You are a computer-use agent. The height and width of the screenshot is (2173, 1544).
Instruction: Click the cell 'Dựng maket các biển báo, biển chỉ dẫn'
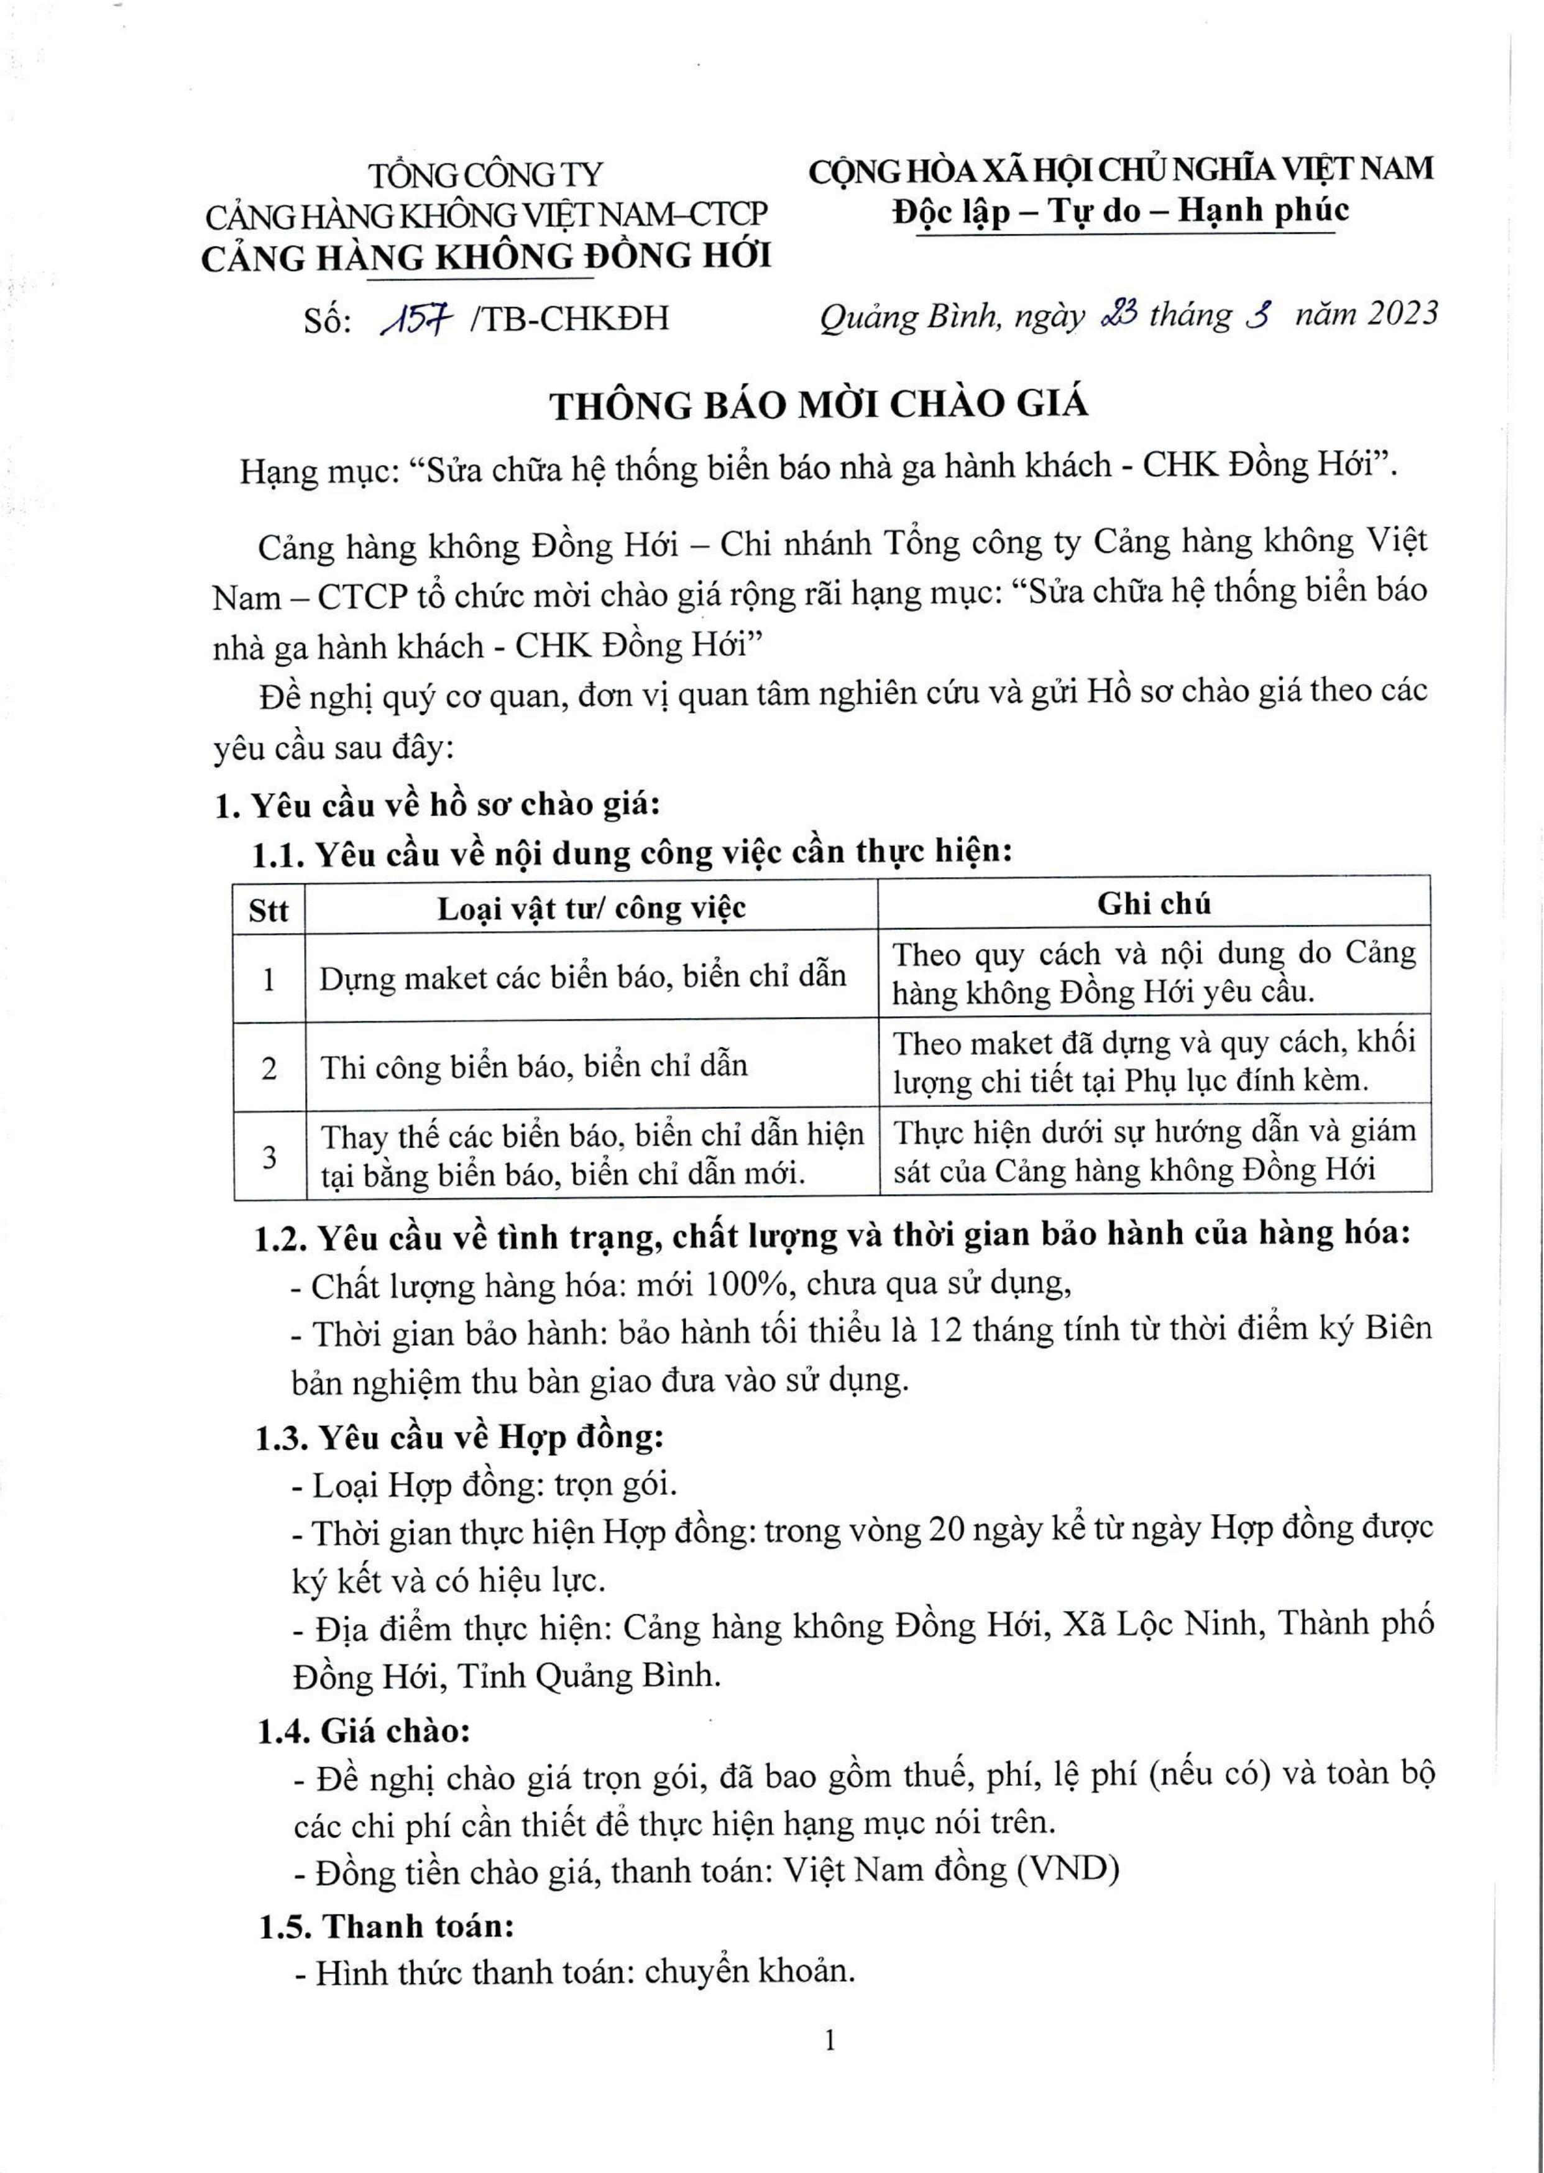582,977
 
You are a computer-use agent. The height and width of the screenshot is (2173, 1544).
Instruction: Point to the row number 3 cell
269,1157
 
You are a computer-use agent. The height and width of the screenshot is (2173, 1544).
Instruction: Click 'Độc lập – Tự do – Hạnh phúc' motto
1120,210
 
